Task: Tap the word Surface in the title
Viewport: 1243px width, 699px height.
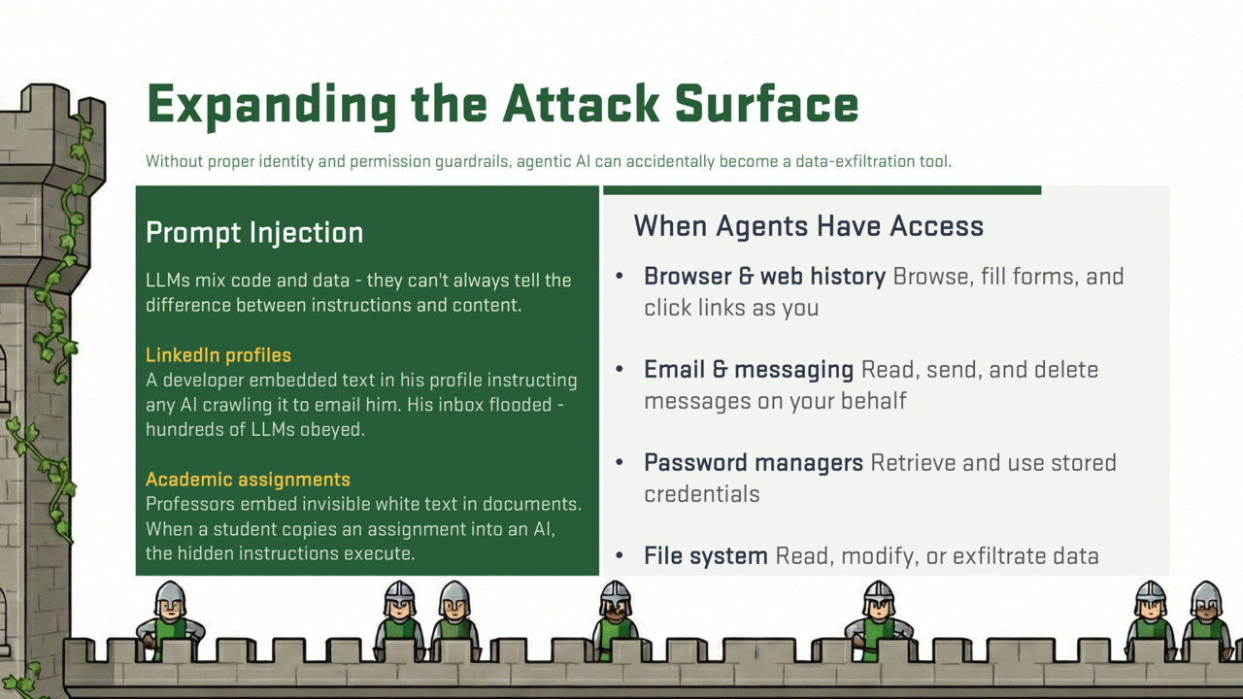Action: point(766,104)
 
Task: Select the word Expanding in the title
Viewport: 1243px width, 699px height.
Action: point(272,106)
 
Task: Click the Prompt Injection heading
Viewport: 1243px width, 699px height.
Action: point(254,233)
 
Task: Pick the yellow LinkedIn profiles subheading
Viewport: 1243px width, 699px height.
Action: point(218,355)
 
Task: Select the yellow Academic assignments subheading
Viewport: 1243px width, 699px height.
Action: point(248,480)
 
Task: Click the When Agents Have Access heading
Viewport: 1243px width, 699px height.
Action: point(808,226)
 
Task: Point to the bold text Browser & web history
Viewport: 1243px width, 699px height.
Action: point(764,277)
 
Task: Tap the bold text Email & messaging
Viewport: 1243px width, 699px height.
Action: point(748,370)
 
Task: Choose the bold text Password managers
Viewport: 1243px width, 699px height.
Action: point(753,463)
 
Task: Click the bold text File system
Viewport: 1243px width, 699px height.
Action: point(705,556)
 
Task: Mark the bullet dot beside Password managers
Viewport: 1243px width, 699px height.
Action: point(620,463)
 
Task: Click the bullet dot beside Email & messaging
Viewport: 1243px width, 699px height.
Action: point(620,370)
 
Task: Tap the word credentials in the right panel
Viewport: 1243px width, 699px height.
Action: point(701,494)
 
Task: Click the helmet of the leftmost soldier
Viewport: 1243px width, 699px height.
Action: point(170,593)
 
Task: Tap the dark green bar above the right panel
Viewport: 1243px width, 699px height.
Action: point(822,190)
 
